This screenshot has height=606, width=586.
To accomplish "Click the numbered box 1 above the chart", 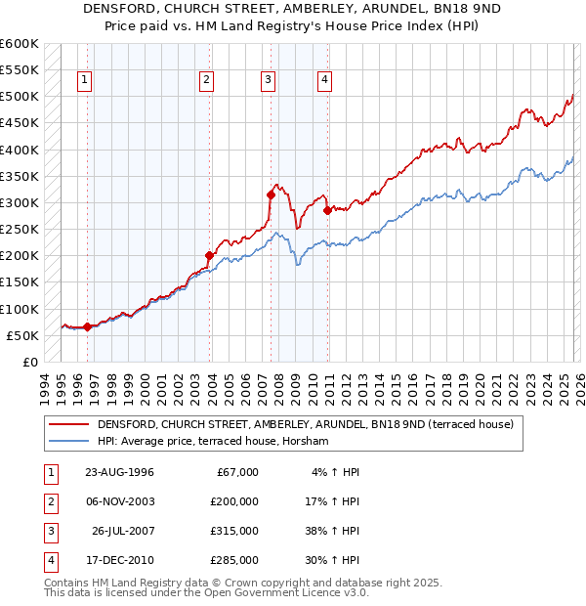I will point(86,80).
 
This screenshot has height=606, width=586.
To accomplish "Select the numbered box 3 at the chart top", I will point(268,80).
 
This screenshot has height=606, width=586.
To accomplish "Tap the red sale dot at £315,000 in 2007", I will point(271,195).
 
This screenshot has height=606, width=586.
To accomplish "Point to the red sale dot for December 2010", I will point(327,210).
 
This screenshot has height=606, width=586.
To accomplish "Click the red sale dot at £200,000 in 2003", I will point(209,256).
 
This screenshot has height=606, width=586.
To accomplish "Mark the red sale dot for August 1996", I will point(88,326).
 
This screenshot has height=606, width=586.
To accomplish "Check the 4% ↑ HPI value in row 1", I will point(338,472).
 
